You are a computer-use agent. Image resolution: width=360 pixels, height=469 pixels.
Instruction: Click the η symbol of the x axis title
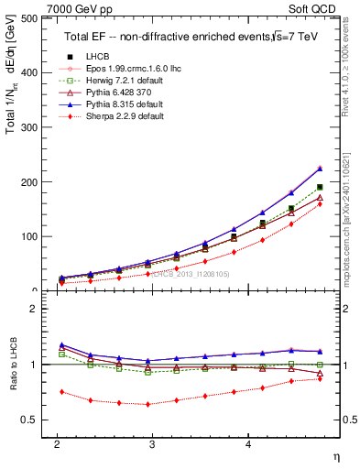tap(335, 457)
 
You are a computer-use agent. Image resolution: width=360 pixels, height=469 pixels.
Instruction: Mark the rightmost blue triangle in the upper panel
tap(320, 168)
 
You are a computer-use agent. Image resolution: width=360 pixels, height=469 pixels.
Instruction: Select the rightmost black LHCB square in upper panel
tap(320, 187)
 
